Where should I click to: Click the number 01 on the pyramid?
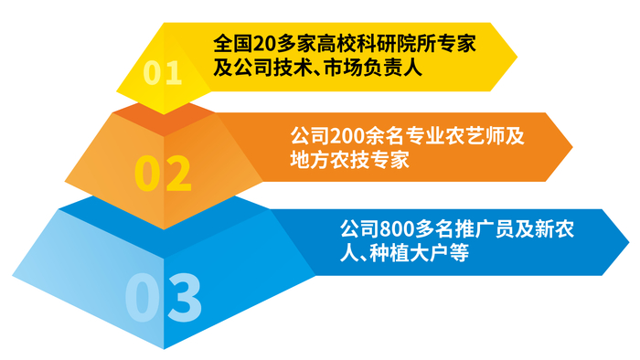pyautogui.click(x=164, y=72)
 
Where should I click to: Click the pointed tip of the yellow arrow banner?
pyautogui.click(x=516, y=56)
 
